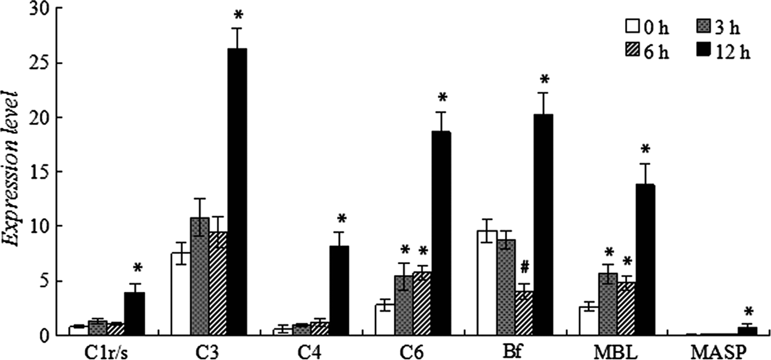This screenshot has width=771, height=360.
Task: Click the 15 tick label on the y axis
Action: pos(33,172)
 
